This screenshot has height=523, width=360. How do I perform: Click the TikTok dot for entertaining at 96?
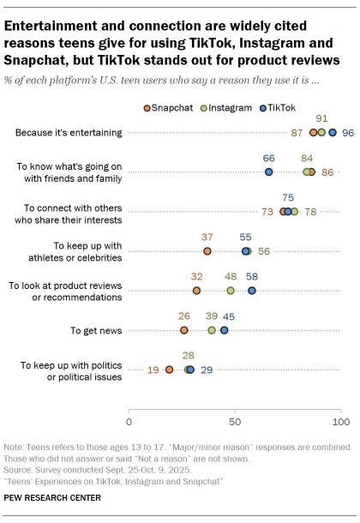(x=333, y=133)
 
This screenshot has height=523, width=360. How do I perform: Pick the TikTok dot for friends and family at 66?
(x=269, y=171)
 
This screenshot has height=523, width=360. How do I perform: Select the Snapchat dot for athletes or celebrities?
(x=207, y=251)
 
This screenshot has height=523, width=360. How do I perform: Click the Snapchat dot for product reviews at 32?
(x=197, y=291)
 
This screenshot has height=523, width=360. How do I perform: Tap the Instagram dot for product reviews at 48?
(x=231, y=291)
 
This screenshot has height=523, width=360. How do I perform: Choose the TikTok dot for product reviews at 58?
(x=252, y=291)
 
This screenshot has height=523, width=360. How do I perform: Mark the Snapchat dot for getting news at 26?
(x=184, y=330)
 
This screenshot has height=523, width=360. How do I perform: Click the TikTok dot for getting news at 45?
(x=225, y=330)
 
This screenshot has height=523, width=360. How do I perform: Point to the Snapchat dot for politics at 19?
(x=170, y=370)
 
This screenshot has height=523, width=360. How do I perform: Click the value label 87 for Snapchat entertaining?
(x=297, y=133)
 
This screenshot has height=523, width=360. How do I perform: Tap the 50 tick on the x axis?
(x=235, y=422)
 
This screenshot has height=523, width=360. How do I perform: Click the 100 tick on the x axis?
(x=341, y=422)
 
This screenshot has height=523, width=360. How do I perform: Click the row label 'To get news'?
(x=96, y=330)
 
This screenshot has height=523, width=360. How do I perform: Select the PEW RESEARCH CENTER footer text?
(x=52, y=497)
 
